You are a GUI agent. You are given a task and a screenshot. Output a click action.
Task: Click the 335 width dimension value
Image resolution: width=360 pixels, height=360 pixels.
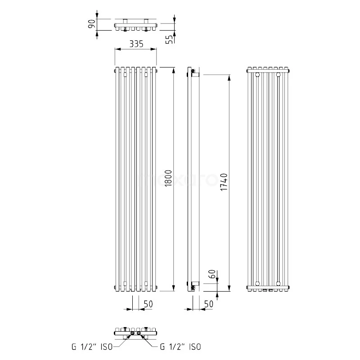[x=136, y=44]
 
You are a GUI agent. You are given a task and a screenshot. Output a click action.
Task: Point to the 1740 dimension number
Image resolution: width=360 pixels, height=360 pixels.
[x=225, y=182]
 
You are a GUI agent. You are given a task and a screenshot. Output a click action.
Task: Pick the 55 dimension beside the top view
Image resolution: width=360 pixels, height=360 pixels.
[x=170, y=39]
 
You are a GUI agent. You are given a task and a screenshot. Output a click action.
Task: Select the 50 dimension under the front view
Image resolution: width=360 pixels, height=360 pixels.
[x=148, y=304]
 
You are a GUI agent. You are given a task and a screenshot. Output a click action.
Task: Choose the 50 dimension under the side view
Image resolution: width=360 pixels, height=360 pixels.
[x=208, y=304]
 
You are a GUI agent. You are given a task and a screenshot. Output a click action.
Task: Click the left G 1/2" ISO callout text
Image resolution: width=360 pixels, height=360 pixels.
[x=94, y=346]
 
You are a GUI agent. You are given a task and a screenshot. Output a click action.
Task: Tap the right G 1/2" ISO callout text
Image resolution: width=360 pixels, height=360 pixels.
[x=180, y=346]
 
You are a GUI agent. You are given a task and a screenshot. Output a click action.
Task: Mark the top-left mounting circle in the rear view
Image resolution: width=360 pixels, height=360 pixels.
[x=257, y=74]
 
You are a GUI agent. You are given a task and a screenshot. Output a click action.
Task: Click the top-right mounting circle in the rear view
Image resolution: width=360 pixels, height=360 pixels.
[x=279, y=74]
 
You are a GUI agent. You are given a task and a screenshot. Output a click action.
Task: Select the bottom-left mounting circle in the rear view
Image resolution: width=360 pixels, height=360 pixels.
[x=257, y=283]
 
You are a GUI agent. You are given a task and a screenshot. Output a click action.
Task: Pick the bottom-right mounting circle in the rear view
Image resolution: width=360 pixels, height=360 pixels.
[x=279, y=283]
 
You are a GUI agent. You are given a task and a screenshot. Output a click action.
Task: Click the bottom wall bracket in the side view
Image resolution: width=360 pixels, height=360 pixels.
[x=193, y=284]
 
